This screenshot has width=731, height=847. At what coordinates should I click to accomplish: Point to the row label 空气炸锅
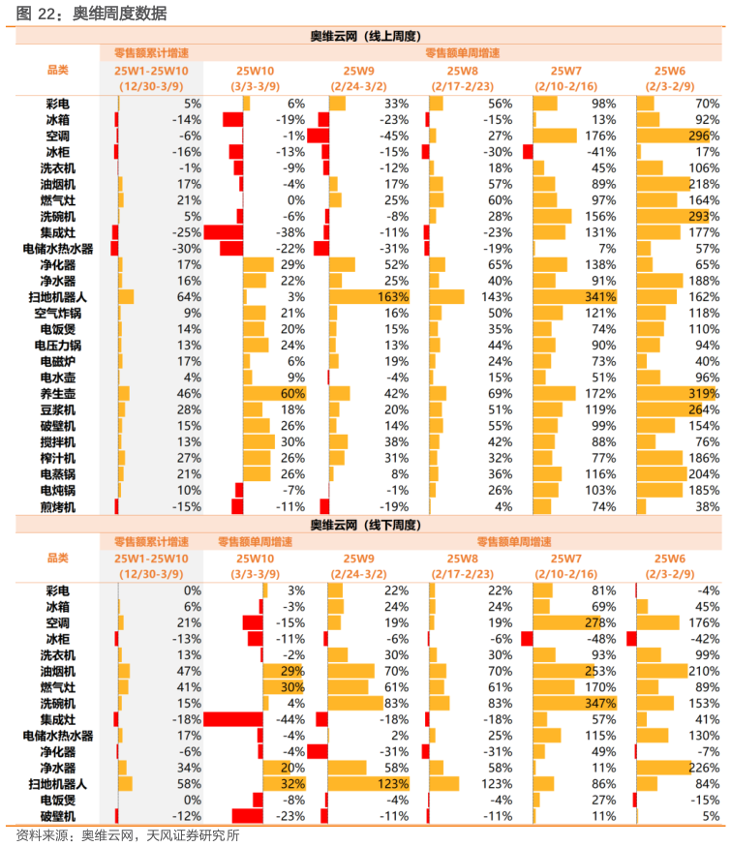[58, 314]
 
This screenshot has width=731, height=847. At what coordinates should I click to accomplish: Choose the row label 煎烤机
[58, 506]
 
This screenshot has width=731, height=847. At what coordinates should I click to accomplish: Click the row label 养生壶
[58, 394]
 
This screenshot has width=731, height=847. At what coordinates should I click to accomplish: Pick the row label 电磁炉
[58, 362]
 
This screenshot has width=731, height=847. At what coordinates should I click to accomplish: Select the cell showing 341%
[601, 297]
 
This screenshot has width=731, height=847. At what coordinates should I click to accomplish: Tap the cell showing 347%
[601, 704]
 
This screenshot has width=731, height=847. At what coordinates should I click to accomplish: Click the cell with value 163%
[393, 297]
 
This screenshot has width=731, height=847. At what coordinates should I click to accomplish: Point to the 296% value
[703, 136]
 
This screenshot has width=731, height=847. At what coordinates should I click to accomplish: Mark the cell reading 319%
[703, 394]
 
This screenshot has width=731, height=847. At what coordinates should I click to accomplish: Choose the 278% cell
[601, 622]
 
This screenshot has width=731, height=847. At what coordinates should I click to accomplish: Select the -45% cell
[393, 136]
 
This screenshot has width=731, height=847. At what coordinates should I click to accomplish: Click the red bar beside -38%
[223, 233]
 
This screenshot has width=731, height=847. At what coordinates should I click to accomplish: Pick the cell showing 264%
[703, 410]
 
